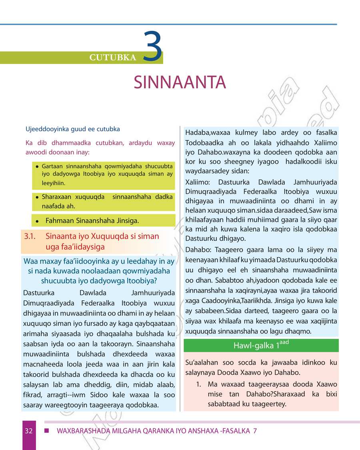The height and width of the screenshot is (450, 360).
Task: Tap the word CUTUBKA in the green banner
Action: click(x=113, y=58)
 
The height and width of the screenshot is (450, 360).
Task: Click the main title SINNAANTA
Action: click(x=180, y=82)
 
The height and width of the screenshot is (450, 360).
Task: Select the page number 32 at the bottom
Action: click(x=28, y=431)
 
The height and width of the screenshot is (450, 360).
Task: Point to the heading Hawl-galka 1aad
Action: click(x=261, y=345)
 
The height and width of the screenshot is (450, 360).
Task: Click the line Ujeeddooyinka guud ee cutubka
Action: click(x=73, y=129)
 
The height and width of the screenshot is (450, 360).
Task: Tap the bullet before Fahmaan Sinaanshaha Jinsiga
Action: click(x=36, y=221)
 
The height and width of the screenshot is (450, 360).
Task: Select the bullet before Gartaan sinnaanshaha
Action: click(x=36, y=166)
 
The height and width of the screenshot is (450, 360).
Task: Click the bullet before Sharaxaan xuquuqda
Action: click(x=36, y=197)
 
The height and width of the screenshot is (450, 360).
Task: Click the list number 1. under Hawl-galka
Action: click(x=198, y=384)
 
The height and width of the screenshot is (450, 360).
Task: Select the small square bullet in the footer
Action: click(x=46, y=431)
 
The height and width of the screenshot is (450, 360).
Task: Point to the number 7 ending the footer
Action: click(x=255, y=431)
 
